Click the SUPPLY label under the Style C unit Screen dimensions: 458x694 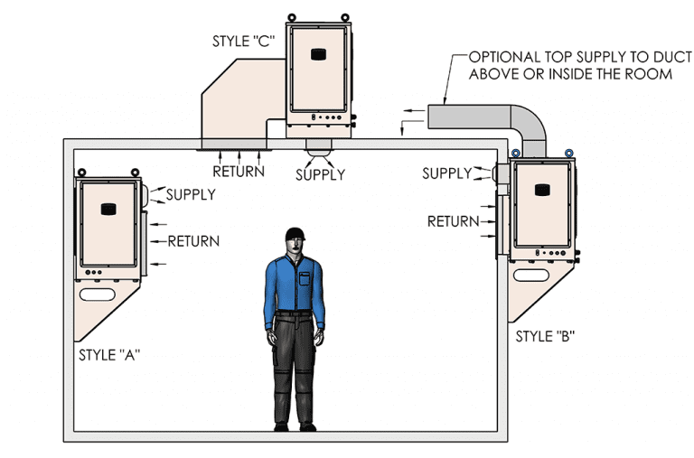321,175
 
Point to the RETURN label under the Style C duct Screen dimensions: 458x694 239,172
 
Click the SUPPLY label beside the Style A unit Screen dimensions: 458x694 191,195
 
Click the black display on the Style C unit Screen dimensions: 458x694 318,54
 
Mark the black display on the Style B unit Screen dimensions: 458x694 542,190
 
